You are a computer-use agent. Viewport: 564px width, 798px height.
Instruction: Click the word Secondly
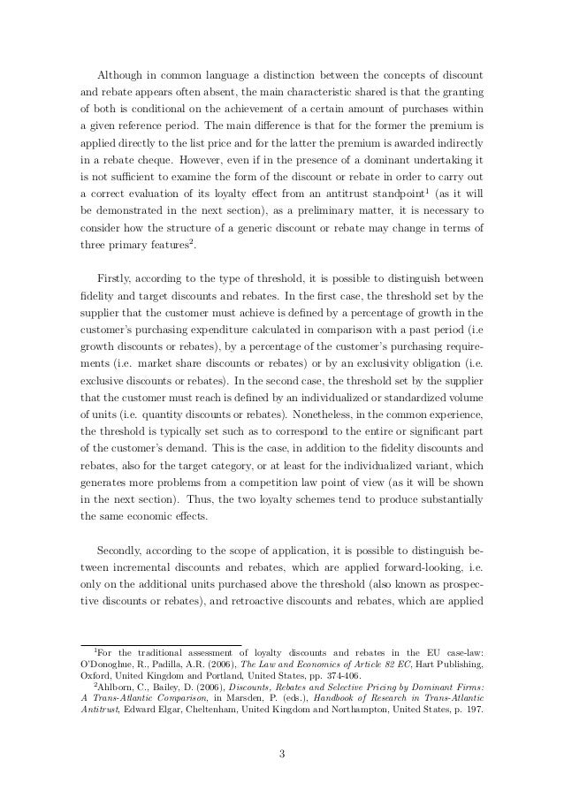(126, 545)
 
